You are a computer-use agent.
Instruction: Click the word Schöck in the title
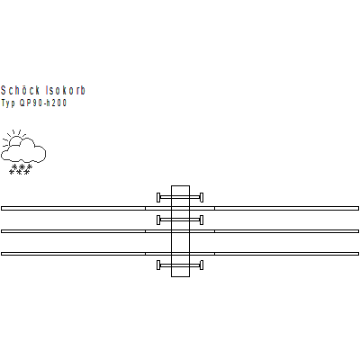[x=21, y=90]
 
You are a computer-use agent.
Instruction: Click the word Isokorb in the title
[x=66, y=90]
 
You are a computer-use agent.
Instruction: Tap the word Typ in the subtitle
[x=8, y=103]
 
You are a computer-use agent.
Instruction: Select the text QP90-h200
[x=43, y=103]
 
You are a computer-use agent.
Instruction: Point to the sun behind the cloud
[x=15, y=139]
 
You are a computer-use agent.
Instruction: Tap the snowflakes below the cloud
[x=21, y=169]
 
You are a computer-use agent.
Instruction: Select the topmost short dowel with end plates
[x=180, y=197]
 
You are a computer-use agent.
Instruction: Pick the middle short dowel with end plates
[x=180, y=220]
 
